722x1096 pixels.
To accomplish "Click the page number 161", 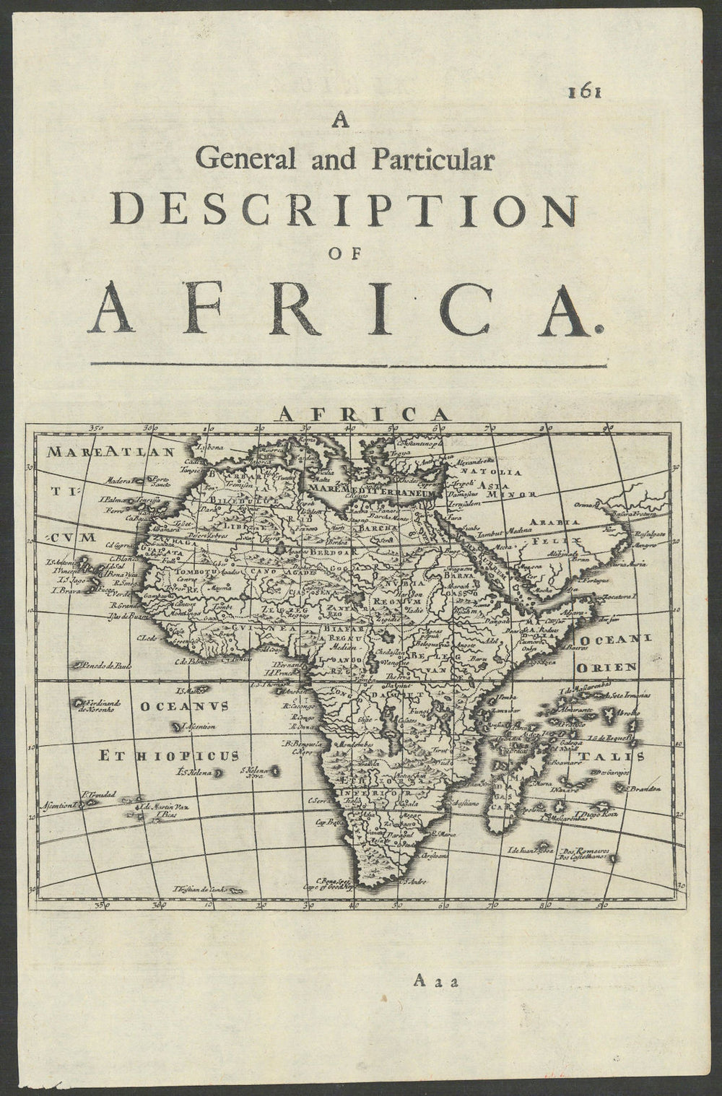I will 586,92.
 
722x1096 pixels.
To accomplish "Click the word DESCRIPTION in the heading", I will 346,210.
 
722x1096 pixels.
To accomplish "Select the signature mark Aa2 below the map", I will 432,980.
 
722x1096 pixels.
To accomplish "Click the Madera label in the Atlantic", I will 117,478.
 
